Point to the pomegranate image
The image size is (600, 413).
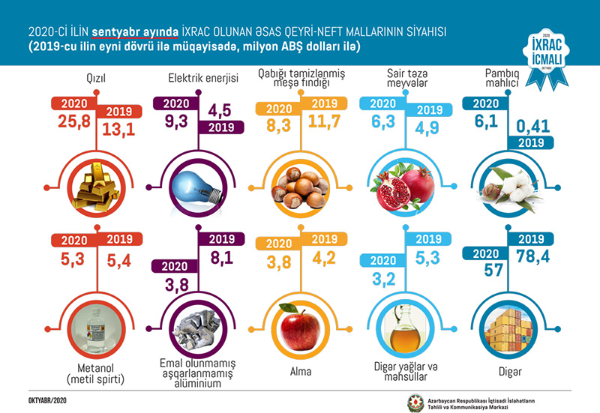point(403,187)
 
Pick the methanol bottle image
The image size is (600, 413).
point(96,330)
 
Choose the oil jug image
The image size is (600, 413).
point(403,330)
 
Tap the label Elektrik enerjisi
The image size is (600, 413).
point(196,78)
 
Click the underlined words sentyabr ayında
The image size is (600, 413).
point(135,33)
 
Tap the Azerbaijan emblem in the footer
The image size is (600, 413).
point(415,397)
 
